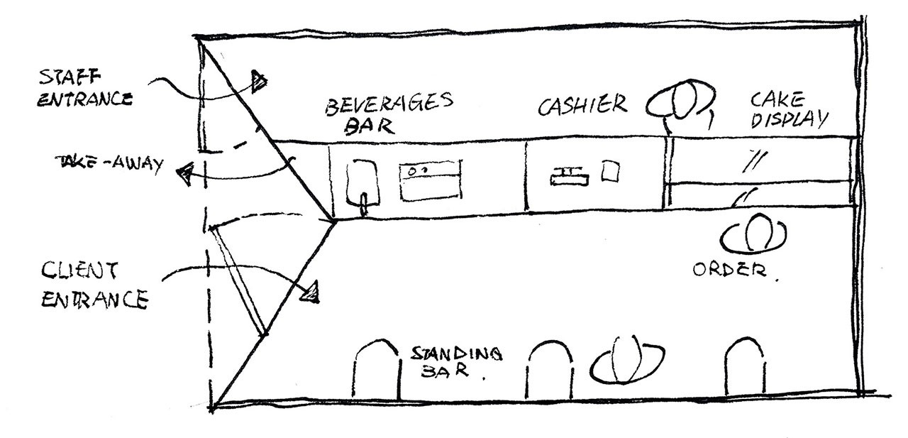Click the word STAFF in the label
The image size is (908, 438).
(x=70, y=77)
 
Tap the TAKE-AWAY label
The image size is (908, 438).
(x=109, y=163)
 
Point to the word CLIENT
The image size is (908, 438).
(x=79, y=270)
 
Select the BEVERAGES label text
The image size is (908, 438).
(x=389, y=104)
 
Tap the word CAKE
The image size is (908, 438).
(x=777, y=99)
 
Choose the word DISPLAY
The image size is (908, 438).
(x=789, y=119)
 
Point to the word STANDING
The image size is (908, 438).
(x=457, y=354)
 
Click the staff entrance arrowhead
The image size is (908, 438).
(x=259, y=82)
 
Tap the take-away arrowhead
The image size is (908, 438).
(x=185, y=174)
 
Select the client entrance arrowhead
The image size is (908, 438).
(x=311, y=292)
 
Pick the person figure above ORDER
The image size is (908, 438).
(x=753, y=234)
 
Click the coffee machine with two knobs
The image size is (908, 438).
(x=431, y=180)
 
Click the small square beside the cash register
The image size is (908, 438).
(x=610, y=171)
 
